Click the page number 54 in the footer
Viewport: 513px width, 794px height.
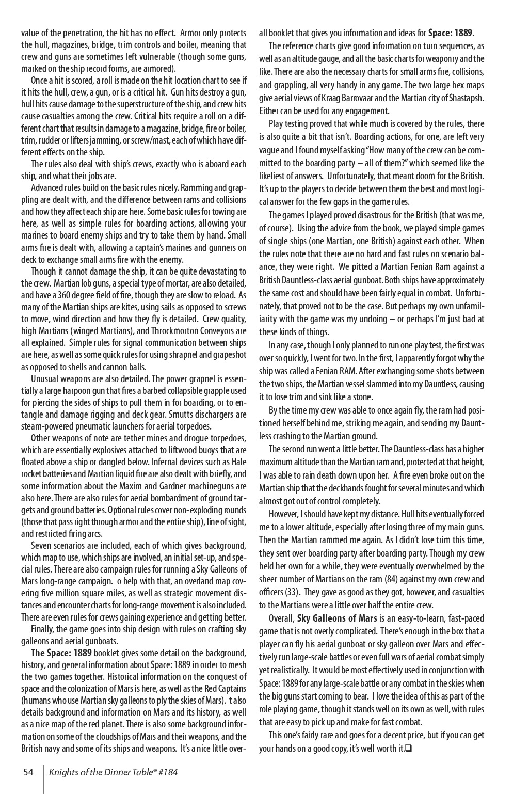click(28, 772)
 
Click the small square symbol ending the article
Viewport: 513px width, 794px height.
click(407, 748)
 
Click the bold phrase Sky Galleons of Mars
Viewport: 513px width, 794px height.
click(336, 618)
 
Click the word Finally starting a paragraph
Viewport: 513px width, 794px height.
click(44, 629)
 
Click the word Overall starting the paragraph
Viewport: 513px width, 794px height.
click(282, 618)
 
